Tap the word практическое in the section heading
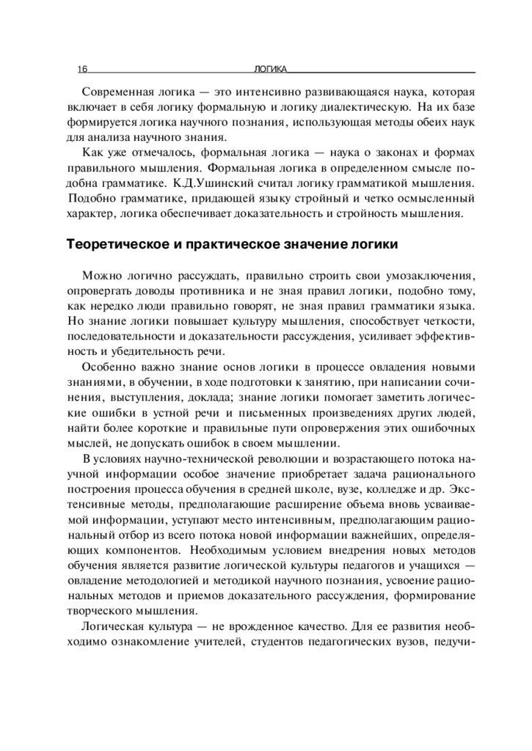pos(219,243)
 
